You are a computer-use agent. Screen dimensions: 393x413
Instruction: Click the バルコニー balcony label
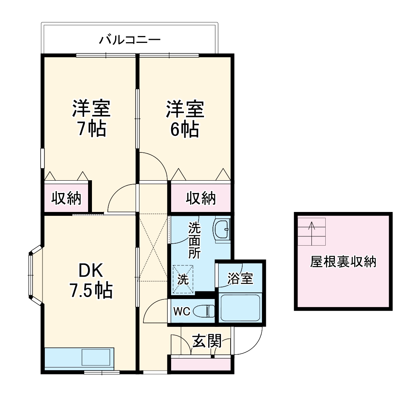pyautogui.click(x=130, y=39)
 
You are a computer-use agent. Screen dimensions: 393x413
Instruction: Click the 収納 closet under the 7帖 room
pyautogui.click(x=67, y=198)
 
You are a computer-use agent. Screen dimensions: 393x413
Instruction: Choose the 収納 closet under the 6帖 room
pyautogui.click(x=201, y=198)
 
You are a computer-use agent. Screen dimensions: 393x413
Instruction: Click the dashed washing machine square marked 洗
pyautogui.click(x=182, y=275)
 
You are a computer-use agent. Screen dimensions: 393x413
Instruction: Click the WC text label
pyautogui.click(x=181, y=311)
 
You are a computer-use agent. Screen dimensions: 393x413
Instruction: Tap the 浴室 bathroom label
pyautogui.click(x=240, y=278)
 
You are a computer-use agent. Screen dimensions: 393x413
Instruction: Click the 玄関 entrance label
pyautogui.click(x=207, y=341)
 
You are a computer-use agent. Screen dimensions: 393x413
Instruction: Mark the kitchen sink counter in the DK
pyautogui.click(x=79, y=358)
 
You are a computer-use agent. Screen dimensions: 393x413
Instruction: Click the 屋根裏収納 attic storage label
pyautogui.click(x=343, y=262)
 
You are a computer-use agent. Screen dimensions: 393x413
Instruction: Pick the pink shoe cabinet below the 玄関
pyautogui.click(x=201, y=364)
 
